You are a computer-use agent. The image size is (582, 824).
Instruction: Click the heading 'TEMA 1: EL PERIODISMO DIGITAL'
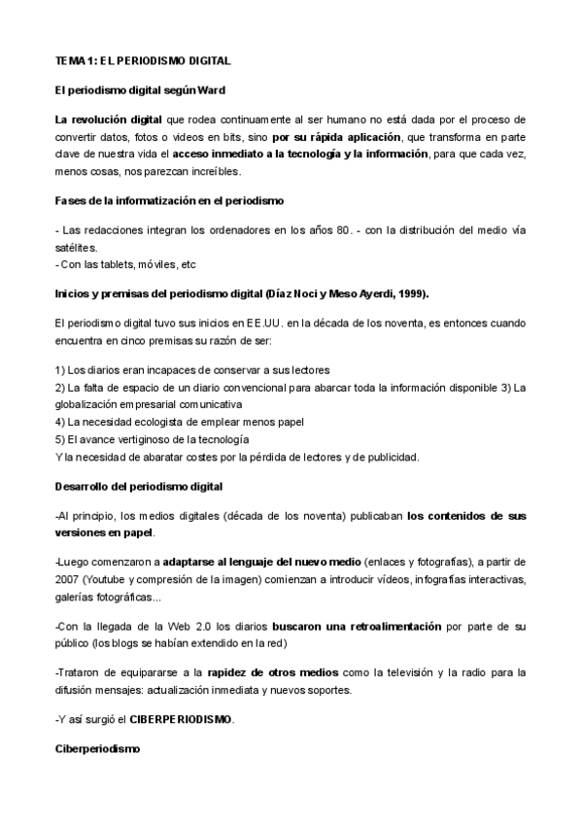tap(143, 60)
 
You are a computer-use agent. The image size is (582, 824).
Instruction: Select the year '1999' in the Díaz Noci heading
tap(408, 293)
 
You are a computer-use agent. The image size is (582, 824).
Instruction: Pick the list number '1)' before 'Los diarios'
tap(61, 369)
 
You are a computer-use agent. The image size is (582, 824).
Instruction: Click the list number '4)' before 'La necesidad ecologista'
tap(61, 421)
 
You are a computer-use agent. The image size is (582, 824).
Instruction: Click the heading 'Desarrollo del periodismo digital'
tap(140, 485)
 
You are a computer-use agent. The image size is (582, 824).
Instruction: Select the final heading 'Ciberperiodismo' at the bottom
tap(98, 750)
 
